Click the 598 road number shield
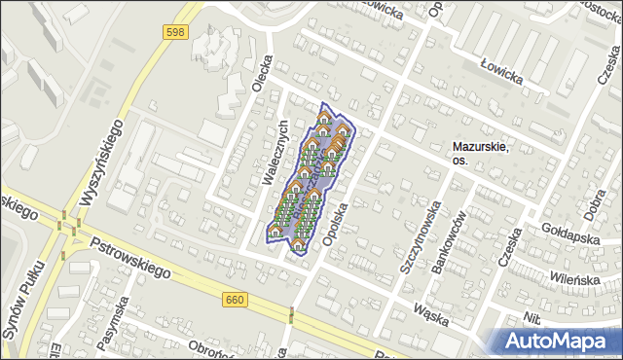pos(176,32)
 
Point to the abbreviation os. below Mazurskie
pos(461,161)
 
